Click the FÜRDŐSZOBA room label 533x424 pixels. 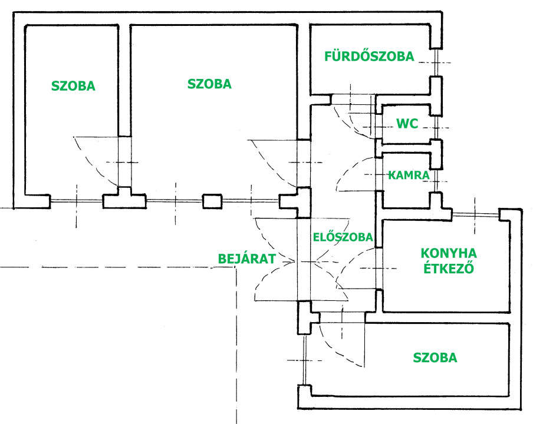coord(369,57)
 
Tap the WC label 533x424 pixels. coord(407,124)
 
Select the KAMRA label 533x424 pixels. coord(408,175)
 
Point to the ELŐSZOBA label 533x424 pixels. coord(343,237)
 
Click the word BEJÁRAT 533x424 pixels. coord(247,259)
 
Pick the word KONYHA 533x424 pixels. coord(449,253)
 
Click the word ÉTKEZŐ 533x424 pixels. coord(449,270)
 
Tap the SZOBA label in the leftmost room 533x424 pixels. coord(73,86)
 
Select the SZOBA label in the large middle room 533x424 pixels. coord(209,84)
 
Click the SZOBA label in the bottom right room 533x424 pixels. coord(435,357)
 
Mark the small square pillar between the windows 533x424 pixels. coord(212,201)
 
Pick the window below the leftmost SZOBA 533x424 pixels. coord(77,201)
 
